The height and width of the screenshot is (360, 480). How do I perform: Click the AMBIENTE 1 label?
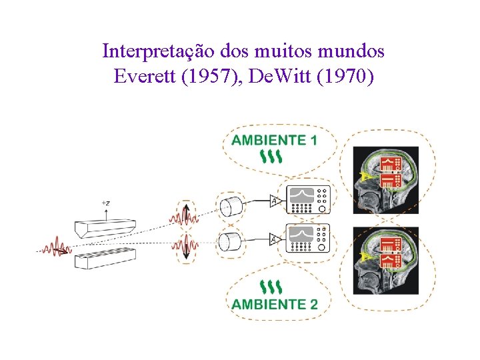[x=274, y=140]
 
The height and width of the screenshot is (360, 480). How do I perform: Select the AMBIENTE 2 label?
[x=274, y=305]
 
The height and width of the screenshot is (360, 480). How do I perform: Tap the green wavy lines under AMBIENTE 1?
[x=272, y=157]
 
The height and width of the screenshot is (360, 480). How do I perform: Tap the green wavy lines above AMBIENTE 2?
[x=272, y=287]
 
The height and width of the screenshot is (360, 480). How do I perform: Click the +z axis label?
[x=106, y=202]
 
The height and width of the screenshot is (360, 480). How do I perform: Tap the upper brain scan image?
[x=385, y=180]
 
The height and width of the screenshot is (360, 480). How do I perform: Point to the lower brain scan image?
[x=385, y=261]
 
